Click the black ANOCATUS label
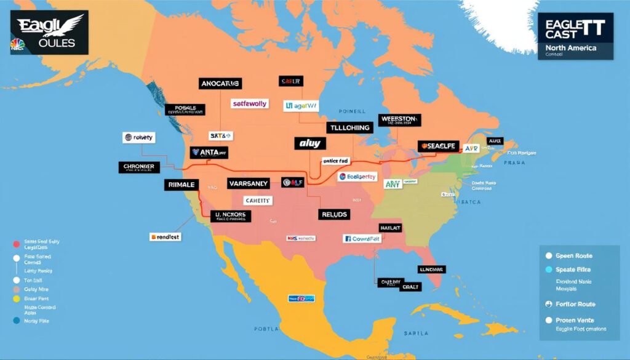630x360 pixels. [220, 83]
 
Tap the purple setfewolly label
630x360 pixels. [250, 104]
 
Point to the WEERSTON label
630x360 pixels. [399, 119]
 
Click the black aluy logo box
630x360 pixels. [309, 143]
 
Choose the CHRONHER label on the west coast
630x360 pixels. [139, 167]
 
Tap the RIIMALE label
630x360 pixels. [183, 184]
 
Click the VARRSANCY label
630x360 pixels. [248, 183]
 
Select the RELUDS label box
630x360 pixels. [334, 215]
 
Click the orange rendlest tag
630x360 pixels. [165, 236]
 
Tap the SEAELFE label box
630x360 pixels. [439, 146]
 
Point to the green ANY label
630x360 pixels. [393, 184]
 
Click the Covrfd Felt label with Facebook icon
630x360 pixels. [362, 238]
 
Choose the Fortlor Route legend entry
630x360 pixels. [575, 304]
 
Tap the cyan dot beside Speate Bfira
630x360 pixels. [549, 270]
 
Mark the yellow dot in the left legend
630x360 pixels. [17, 298]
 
